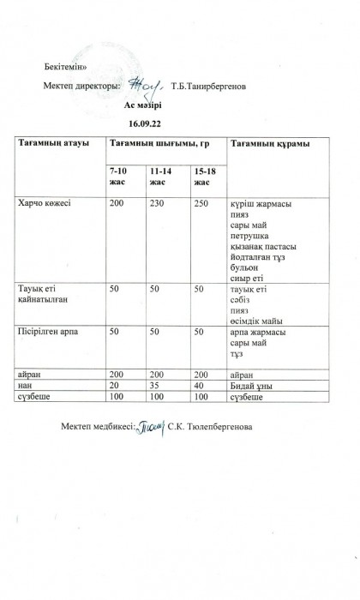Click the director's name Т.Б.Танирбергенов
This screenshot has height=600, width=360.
212,86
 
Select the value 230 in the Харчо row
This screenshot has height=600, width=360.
156,204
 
